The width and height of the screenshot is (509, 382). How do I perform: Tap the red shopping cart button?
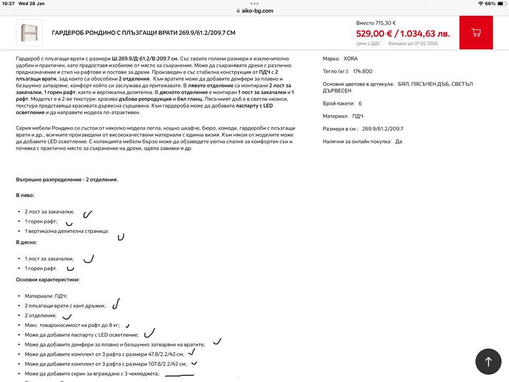[x=476, y=33]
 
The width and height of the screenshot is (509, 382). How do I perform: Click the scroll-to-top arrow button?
[x=488, y=361]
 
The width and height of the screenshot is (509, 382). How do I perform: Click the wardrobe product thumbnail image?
[x=29, y=33]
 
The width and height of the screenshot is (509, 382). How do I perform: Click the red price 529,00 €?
[x=374, y=33]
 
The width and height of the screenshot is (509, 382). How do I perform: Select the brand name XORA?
[x=351, y=58]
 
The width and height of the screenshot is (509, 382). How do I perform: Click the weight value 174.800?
[x=362, y=71]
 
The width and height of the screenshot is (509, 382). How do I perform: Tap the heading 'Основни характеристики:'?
[x=47, y=279]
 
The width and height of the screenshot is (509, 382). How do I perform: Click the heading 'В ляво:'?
[x=25, y=195]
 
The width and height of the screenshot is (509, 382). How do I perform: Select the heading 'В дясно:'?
[x=27, y=242]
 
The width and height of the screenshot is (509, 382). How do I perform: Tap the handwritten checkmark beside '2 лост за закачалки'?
[x=87, y=214]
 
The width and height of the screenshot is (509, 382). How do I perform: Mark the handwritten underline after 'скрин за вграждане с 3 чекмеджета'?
[x=179, y=375]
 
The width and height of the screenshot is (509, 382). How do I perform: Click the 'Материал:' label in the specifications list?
[x=335, y=116]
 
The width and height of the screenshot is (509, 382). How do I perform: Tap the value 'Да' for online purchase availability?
[x=398, y=142]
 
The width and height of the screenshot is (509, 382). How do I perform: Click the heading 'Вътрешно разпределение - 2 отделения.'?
[x=67, y=179]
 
